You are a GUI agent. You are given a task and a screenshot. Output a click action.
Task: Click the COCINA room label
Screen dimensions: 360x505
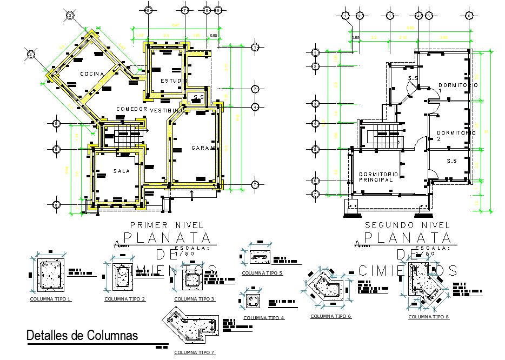pyautogui.click(x=94, y=74)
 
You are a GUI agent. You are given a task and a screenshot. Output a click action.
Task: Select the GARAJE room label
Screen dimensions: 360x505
pyautogui.click(x=204, y=148)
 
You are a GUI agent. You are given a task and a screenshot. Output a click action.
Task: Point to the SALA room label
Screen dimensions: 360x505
pyautogui.click(x=122, y=171)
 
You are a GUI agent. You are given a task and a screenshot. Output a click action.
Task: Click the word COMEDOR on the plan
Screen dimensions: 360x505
pyautogui.click(x=132, y=109)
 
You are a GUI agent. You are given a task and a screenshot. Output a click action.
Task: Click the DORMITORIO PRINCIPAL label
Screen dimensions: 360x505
pyautogui.click(x=378, y=177)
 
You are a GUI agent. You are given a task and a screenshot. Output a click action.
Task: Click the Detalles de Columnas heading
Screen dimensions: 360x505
pyautogui.click(x=82, y=335)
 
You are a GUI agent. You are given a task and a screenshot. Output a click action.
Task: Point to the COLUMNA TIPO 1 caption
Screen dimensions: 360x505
pyautogui.click(x=50, y=298)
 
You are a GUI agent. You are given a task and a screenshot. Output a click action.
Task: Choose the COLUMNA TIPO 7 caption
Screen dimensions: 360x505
pyautogui.click(x=194, y=352)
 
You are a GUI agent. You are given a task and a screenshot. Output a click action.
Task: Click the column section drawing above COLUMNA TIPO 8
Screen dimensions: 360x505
pyautogui.click(x=426, y=288)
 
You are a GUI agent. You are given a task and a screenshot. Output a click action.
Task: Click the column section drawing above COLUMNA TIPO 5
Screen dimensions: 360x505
pyautogui.click(x=262, y=257)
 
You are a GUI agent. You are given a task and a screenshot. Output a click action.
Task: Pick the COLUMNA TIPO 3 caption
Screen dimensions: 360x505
pyautogui.click(x=194, y=298)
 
